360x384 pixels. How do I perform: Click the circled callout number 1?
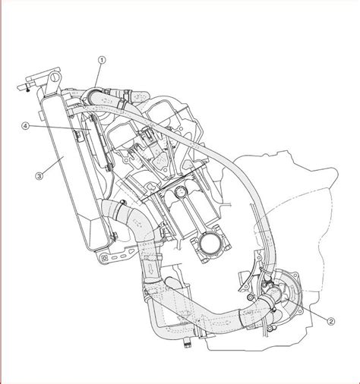pos(102,60)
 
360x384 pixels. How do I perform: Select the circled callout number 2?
pos(331,321)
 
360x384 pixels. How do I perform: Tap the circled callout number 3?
pos(39,176)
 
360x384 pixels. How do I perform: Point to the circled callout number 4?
pos(24,126)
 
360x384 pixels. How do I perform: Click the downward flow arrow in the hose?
pos(151,269)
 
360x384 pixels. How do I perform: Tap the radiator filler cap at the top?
pos(54,77)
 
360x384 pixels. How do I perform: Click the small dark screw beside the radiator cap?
pos(28,89)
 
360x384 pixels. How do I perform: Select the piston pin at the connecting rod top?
pos(181,192)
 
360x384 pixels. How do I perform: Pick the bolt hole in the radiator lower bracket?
pos(104,258)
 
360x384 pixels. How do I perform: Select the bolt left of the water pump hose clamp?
pos(251,297)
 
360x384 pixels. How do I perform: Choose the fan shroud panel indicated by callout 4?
pos(96,142)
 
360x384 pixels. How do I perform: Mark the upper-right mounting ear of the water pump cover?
pos(295,275)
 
